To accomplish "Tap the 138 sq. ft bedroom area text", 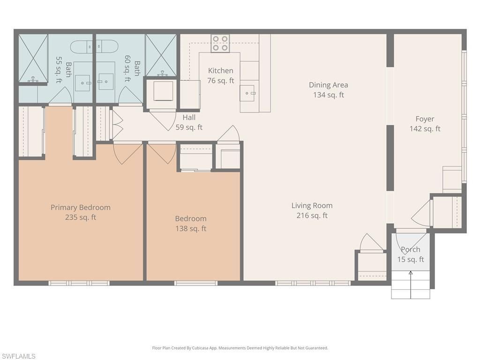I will [191, 229].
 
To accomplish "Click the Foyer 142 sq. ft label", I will [425, 124].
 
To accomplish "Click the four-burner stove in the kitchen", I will [220, 43].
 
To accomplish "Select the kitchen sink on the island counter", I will [247, 93].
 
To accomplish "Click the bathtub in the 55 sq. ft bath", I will [82, 47].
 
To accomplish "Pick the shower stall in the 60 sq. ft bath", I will [161, 55].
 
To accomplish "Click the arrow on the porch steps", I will [411, 284].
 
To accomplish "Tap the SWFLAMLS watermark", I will [18, 356].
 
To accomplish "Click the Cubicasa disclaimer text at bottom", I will [240, 348].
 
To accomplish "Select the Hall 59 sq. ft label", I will [189, 122].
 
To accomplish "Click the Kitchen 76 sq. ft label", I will [220, 75].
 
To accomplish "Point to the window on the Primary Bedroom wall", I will [79, 283].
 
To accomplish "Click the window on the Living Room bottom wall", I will [313, 283].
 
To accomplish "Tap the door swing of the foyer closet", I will [421, 213].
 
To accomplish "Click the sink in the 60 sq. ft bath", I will [106, 82].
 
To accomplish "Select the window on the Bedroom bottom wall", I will [195, 283].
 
